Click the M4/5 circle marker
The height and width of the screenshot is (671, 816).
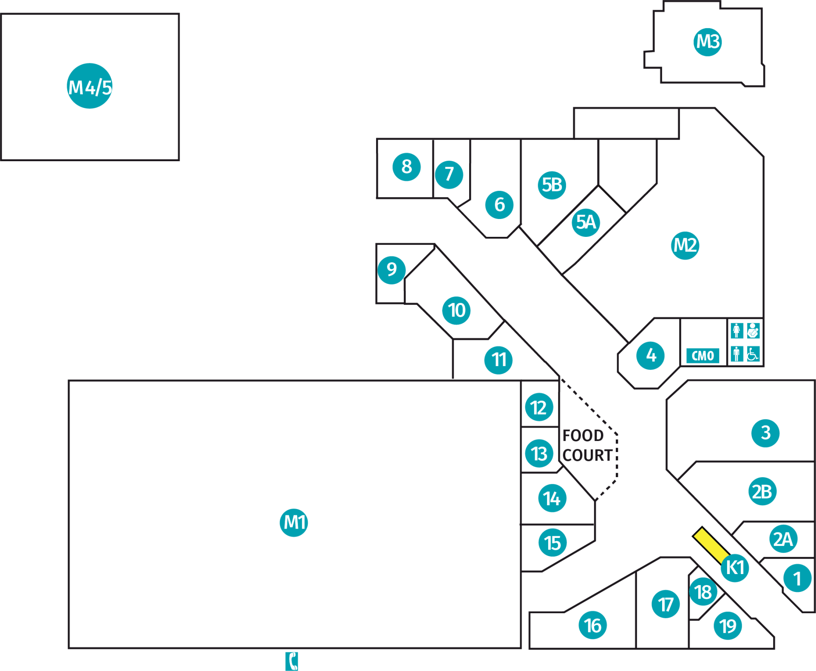pos(90,86)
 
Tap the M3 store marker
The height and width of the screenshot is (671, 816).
pos(708,42)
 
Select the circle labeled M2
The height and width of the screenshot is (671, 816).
pos(685,245)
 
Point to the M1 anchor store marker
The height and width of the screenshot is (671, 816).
pos(294,523)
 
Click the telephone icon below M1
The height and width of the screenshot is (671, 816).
pos(292,661)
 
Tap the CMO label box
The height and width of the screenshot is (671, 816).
pos(703,355)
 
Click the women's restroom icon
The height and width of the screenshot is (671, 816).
pos(737,330)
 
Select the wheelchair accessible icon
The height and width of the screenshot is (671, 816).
pos(753,354)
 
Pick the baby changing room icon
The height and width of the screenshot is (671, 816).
pos(753,330)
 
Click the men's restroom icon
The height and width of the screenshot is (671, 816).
pos(737,354)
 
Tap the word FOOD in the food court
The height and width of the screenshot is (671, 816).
pos(583,436)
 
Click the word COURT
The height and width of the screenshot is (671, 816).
pos(588,455)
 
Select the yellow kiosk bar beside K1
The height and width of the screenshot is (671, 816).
pos(711,546)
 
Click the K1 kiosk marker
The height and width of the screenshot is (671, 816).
pos(735,568)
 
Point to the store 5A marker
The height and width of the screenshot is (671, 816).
pos(586,222)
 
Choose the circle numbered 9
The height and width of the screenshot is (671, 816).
pos(391,270)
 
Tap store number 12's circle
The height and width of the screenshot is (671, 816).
pos(539,407)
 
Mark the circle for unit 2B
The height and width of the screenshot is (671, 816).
pos(762,491)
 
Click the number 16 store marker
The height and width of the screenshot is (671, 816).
pos(592,625)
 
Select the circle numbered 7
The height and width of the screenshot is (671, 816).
pos(449,174)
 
